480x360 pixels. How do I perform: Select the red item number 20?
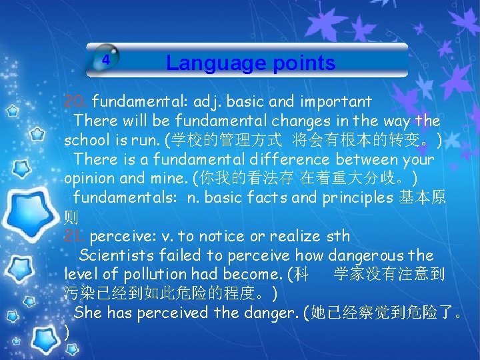point(75,102)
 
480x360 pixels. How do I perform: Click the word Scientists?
point(117,255)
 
